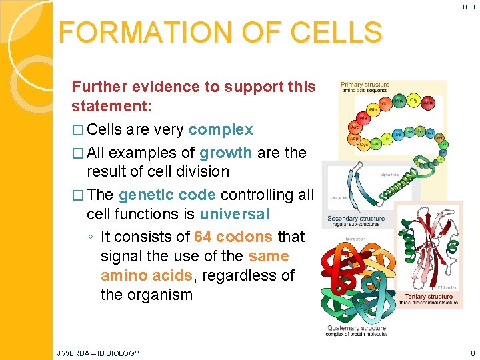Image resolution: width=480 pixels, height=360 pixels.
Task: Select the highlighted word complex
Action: (221, 129)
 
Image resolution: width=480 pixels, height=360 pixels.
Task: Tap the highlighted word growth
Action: (225, 152)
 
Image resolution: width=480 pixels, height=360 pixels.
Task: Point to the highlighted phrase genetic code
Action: (167, 195)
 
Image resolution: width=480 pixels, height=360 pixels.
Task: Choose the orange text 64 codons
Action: (233, 237)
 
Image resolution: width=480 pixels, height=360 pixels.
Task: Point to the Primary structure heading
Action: (365, 85)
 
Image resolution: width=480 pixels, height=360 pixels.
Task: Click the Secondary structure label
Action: (356, 218)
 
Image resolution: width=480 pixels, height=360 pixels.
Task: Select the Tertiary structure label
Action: (429, 296)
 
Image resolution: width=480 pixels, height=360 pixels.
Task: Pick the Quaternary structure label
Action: (357, 327)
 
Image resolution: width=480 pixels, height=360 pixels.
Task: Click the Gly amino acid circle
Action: (414, 99)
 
